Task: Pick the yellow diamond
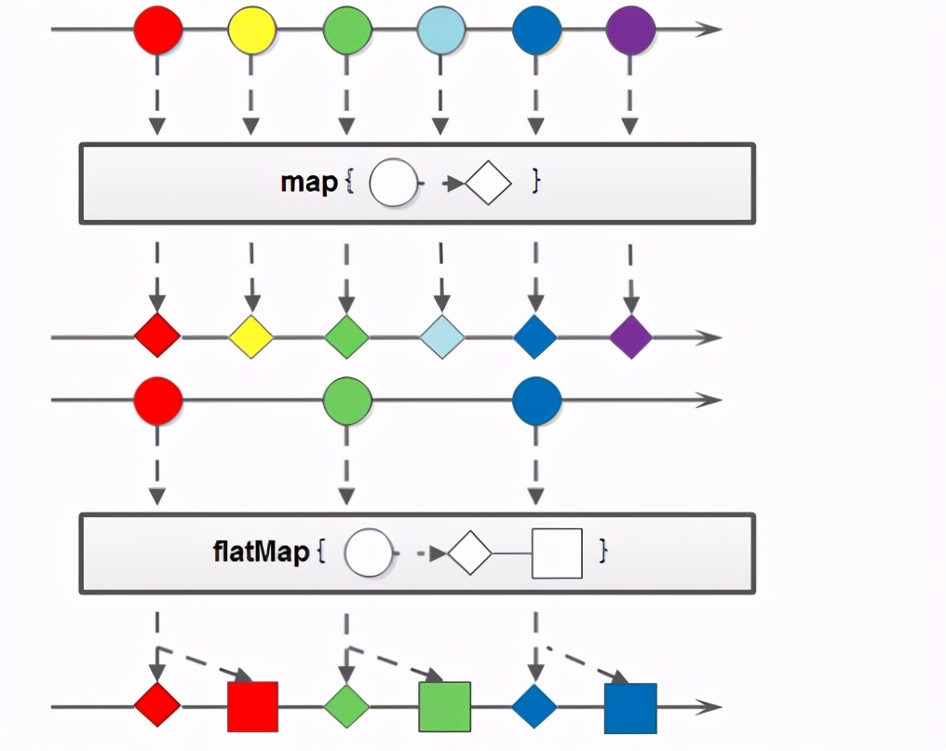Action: click(x=251, y=336)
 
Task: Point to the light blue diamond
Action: click(x=441, y=336)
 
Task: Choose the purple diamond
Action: click(x=630, y=336)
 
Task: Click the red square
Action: click(x=252, y=706)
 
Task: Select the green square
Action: click(x=444, y=706)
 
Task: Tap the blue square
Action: click(x=630, y=707)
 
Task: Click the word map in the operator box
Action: click(x=309, y=183)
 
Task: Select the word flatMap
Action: click(x=260, y=552)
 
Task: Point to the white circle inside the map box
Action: click(x=391, y=184)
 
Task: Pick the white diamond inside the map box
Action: click(x=489, y=184)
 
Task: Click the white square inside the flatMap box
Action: click(x=557, y=553)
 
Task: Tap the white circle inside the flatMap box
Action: click(x=368, y=553)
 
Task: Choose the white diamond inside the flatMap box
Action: click(x=469, y=553)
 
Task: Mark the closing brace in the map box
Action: click(x=535, y=181)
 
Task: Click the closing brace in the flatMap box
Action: click(x=603, y=551)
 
